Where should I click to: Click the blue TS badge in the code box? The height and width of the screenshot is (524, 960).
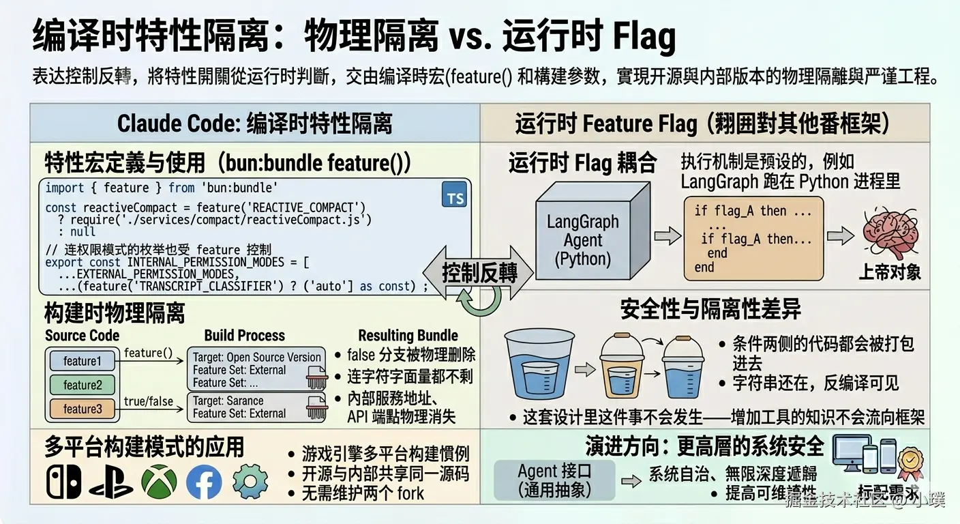(455, 196)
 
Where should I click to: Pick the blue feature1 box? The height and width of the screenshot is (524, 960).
(82, 361)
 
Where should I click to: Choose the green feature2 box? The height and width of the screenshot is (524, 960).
(82, 385)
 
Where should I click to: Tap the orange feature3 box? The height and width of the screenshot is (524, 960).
(82, 409)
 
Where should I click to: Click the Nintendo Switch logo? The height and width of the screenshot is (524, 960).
(63, 482)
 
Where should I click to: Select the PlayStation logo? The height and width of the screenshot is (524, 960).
(110, 482)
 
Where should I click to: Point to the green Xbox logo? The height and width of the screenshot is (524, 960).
(159, 482)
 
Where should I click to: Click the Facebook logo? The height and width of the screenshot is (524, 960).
(204, 482)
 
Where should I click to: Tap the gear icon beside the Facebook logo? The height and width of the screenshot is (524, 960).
(250, 482)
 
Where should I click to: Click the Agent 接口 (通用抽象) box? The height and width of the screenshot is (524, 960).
(554, 480)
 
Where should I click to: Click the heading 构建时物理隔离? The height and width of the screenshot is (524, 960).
(115, 313)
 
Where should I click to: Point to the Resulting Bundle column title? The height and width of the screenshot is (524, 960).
(408, 336)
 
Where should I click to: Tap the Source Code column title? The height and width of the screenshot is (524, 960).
(82, 336)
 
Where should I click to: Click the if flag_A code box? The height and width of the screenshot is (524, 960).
(753, 238)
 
